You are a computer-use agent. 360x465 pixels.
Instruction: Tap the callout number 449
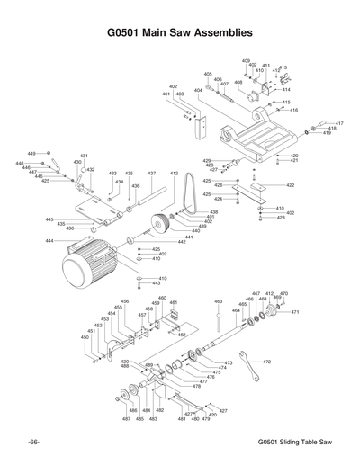coord(31,154)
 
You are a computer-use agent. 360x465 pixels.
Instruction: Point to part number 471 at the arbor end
coord(294,312)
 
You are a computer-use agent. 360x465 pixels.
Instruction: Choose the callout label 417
coord(339,123)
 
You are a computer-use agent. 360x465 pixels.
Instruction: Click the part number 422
coord(291,185)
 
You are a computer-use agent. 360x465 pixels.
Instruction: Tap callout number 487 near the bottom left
coord(126,419)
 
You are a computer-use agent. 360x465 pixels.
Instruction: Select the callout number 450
coord(85,337)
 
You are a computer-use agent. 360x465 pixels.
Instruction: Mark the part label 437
coord(151,173)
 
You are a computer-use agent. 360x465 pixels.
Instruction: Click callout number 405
coord(208,75)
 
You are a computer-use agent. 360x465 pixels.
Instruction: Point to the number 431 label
coord(84,156)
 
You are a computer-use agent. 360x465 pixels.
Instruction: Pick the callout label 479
coord(205,419)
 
